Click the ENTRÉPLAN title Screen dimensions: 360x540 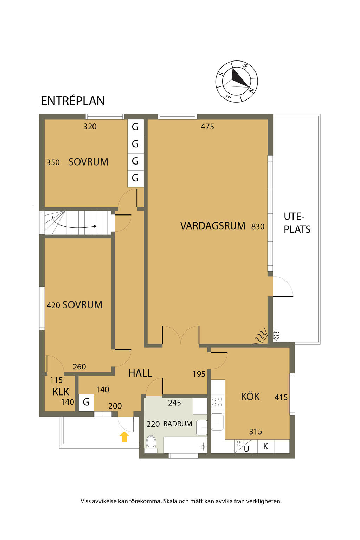[x=73, y=101]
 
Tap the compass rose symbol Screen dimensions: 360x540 [x=236, y=82]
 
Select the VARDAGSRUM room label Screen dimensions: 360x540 [x=213, y=226]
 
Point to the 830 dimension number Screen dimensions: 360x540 [x=258, y=226]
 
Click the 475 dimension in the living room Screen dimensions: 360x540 [x=207, y=127]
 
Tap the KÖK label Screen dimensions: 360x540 [x=250, y=397]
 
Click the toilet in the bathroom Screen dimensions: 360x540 [x=151, y=444]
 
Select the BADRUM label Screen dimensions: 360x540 [x=178, y=424]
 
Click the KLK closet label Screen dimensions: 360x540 [x=61, y=392]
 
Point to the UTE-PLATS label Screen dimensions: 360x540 [x=297, y=223]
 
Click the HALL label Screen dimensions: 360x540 [x=140, y=373]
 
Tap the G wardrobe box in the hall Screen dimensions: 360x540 [x=86, y=402]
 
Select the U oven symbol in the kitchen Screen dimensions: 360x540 [x=243, y=446]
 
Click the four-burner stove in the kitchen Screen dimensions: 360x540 [x=217, y=402]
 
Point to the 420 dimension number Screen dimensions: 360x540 [x=53, y=306]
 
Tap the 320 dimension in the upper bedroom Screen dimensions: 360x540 [x=90, y=127]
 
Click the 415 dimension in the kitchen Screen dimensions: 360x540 [x=281, y=397]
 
